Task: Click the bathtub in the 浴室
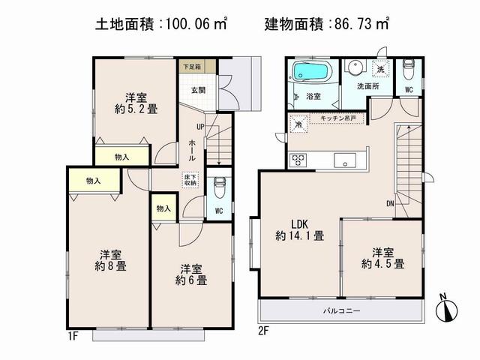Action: tap(310, 73)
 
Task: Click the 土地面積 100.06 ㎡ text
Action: tap(160, 24)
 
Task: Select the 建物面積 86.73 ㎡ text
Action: tap(328, 24)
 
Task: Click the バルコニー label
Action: tap(342, 310)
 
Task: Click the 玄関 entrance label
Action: tap(192, 90)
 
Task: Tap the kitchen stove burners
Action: tap(298, 159)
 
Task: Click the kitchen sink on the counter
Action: tap(345, 160)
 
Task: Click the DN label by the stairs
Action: tap(391, 202)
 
